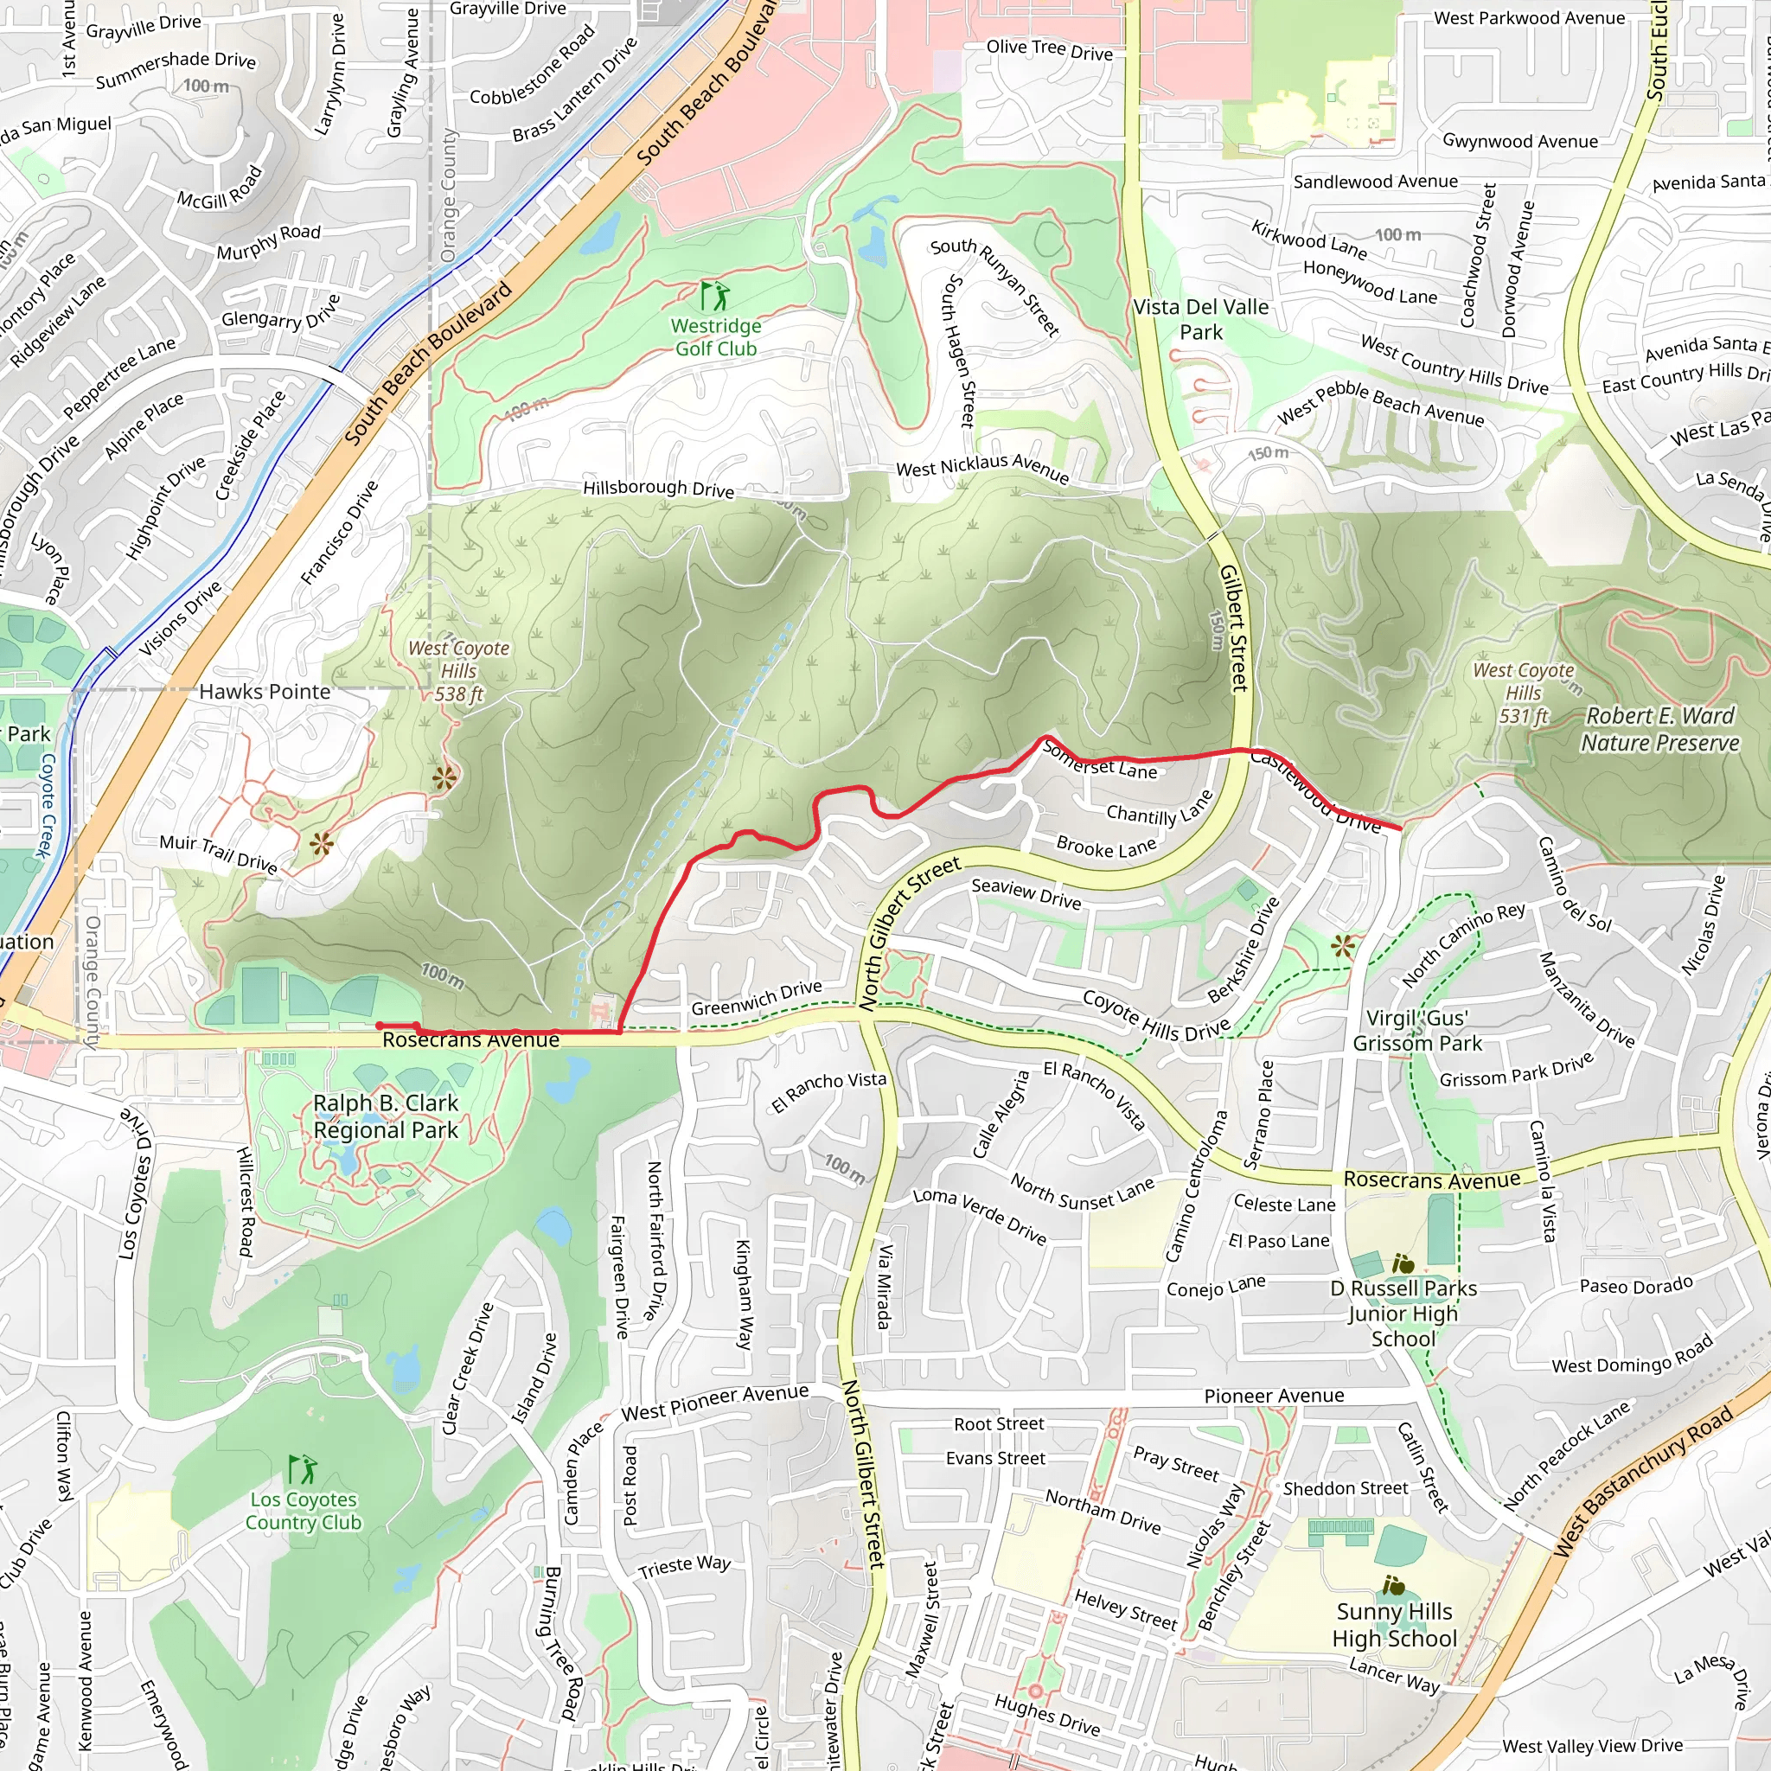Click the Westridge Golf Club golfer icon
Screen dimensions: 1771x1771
pyautogui.click(x=715, y=296)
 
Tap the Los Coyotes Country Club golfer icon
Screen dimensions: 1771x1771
pyautogui.click(x=303, y=1469)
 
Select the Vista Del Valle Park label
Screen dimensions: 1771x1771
pyautogui.click(x=1201, y=319)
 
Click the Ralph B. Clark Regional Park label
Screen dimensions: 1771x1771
pyautogui.click(x=385, y=1116)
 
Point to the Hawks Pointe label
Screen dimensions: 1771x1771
pyautogui.click(x=265, y=692)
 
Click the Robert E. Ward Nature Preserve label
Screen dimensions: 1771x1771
pyautogui.click(x=1659, y=729)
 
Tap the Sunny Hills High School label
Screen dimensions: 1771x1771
pyautogui.click(x=1393, y=1625)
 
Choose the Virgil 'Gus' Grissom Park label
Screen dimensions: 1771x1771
pyautogui.click(x=1417, y=1030)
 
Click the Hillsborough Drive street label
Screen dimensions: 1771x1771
pyautogui.click(x=658, y=488)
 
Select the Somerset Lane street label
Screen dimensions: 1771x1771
pyautogui.click(x=1100, y=762)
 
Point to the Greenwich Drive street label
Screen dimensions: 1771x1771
pyautogui.click(x=757, y=998)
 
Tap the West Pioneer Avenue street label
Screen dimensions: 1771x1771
pyautogui.click(x=714, y=1403)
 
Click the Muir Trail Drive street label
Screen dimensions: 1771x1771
pyautogui.click(x=218, y=853)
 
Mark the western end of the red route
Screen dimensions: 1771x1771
pyautogui.click(x=380, y=1026)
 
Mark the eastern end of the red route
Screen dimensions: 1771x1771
pyautogui.click(x=1400, y=828)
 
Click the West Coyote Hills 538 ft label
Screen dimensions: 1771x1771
pyautogui.click(x=458, y=671)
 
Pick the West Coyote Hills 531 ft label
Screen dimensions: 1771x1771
pyautogui.click(x=1523, y=693)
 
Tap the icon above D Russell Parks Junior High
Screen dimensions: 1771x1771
pyautogui.click(x=1403, y=1265)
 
